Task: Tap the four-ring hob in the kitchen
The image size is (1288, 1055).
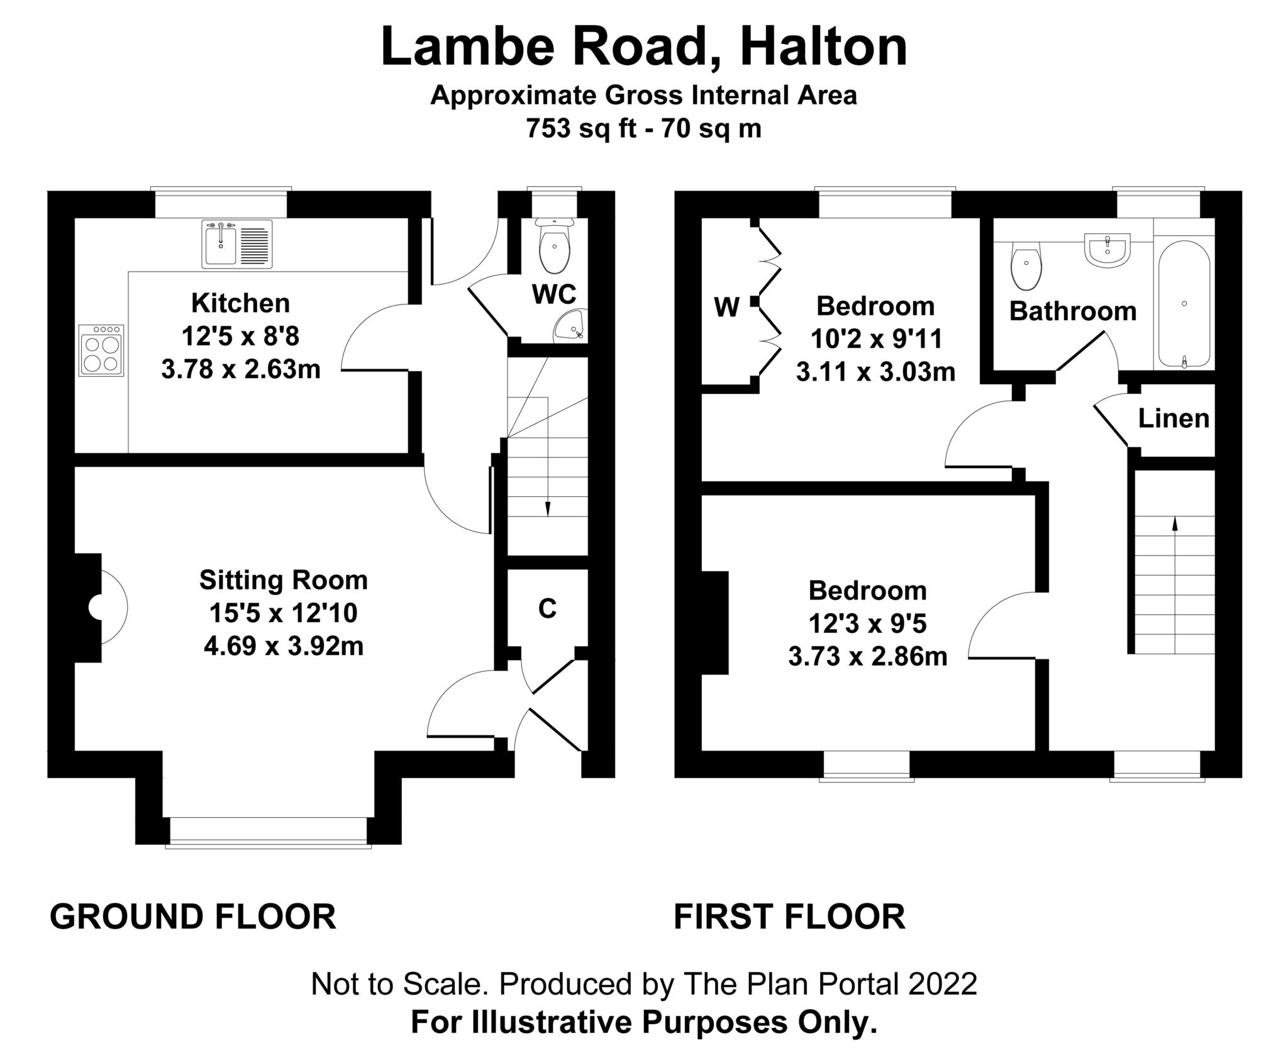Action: [x=101, y=350]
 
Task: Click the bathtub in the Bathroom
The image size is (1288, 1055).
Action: [x=1184, y=304]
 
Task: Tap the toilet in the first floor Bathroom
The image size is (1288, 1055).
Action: [x=1026, y=265]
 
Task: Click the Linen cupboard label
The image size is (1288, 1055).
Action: [x=1174, y=418]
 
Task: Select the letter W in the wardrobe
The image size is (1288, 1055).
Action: [x=726, y=308]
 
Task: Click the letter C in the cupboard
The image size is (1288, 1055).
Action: [x=547, y=608]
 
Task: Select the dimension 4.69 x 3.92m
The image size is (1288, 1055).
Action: [x=284, y=646]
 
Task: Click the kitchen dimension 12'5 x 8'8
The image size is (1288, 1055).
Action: [x=240, y=336]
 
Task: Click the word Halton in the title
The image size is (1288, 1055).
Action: [x=823, y=47]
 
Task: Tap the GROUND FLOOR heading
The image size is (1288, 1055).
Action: [x=193, y=917]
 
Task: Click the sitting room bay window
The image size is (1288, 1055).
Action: [x=269, y=831]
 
